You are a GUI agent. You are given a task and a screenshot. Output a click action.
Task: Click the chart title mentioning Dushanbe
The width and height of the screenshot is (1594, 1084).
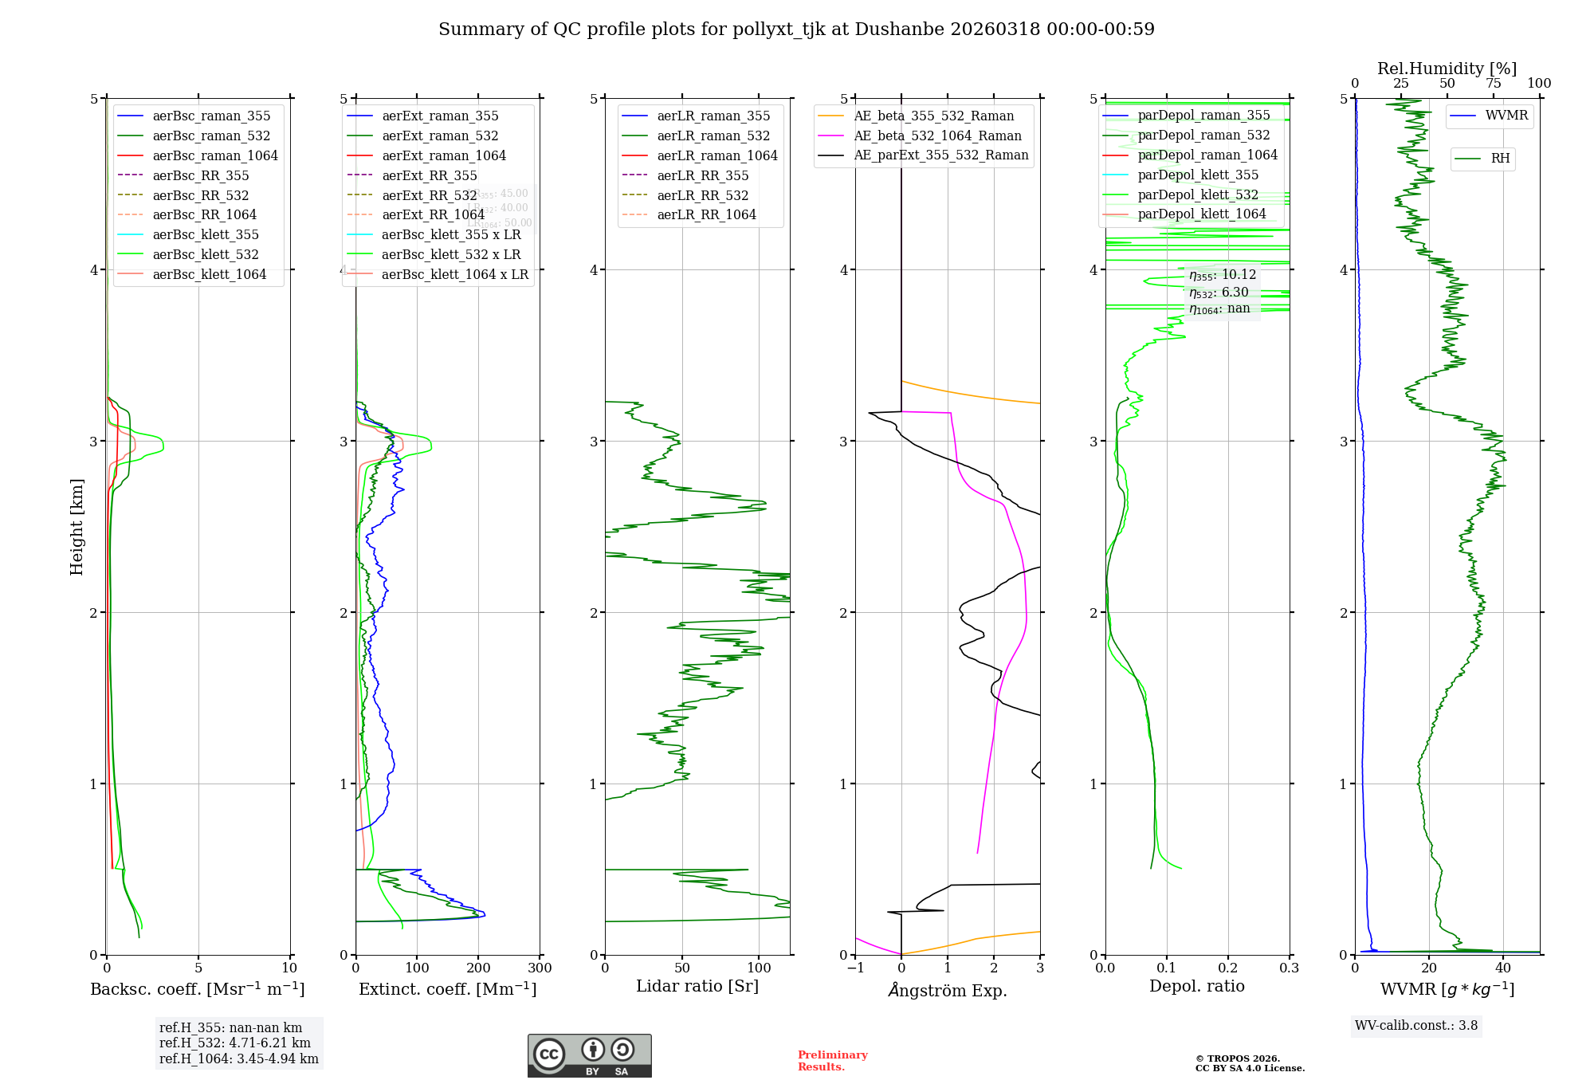tap(796, 29)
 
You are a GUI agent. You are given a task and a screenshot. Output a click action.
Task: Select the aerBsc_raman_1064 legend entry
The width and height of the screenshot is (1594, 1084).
tap(214, 155)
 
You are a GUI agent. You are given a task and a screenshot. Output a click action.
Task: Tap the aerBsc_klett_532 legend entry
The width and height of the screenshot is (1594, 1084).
tap(205, 254)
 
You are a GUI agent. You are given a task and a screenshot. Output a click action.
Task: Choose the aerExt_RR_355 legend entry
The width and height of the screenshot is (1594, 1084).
tap(429, 175)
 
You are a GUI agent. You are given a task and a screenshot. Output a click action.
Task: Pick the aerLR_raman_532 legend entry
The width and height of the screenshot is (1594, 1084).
tap(713, 135)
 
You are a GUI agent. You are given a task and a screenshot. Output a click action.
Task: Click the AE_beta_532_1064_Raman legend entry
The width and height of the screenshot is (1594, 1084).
tap(937, 135)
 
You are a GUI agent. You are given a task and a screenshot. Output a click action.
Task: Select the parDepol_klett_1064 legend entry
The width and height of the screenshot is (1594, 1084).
tap(1201, 214)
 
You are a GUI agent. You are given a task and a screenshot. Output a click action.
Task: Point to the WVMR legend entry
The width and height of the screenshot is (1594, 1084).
tap(1506, 116)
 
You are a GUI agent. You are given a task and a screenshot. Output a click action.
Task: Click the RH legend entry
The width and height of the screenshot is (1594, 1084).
tap(1499, 159)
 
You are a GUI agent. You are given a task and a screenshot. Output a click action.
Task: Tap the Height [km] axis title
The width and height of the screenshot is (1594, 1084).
tap(77, 526)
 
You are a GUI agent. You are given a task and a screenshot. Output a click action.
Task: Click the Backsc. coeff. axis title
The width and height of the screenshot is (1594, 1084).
tap(198, 989)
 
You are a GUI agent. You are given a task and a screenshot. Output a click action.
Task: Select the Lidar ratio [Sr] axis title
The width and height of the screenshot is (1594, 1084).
tap(697, 986)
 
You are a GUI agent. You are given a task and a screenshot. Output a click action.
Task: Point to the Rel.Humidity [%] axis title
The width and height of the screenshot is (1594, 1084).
tap(1447, 69)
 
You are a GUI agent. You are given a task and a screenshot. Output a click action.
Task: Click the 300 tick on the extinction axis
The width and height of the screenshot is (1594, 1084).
tap(540, 968)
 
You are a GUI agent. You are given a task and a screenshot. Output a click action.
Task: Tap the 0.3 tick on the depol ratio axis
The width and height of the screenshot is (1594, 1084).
tap(1289, 968)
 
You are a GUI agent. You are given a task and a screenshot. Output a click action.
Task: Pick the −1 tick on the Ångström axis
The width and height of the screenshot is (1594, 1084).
tap(855, 968)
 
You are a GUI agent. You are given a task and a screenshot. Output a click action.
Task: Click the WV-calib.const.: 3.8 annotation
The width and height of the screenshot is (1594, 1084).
tap(1416, 1026)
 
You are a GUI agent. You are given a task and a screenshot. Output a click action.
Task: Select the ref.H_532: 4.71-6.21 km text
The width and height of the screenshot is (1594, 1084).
tap(235, 1043)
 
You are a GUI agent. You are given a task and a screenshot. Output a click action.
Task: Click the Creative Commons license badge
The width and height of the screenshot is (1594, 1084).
tap(589, 1055)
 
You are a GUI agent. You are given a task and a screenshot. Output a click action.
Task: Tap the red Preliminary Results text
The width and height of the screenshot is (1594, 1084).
tap(832, 1061)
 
